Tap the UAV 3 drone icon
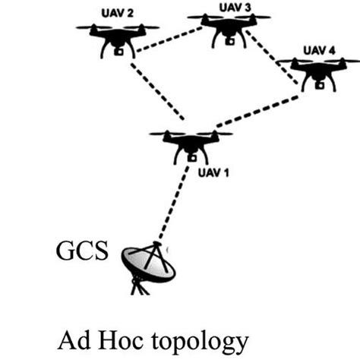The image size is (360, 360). click(226, 27)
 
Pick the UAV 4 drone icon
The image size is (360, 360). click(319, 72)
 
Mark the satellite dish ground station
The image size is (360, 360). click(146, 264)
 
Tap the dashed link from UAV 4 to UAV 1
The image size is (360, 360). click(258, 111)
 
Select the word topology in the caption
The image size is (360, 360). click(201, 336)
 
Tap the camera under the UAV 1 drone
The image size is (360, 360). click(191, 157)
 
